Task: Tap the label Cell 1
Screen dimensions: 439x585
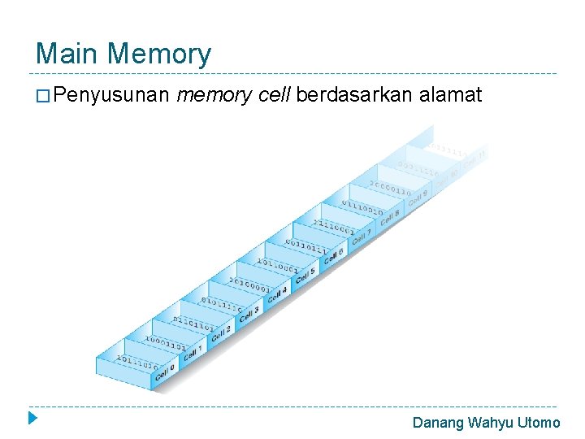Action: click(x=193, y=353)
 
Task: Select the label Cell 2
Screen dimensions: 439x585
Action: click(x=222, y=332)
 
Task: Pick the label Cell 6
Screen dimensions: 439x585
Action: click(x=333, y=256)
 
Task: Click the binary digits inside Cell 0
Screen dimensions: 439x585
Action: click(x=136, y=363)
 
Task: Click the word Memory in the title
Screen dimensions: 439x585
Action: click(x=158, y=54)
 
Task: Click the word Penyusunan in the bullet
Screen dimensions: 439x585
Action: click(x=112, y=96)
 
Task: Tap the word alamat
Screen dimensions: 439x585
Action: click(x=451, y=96)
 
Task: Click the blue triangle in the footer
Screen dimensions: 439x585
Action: click(x=32, y=419)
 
